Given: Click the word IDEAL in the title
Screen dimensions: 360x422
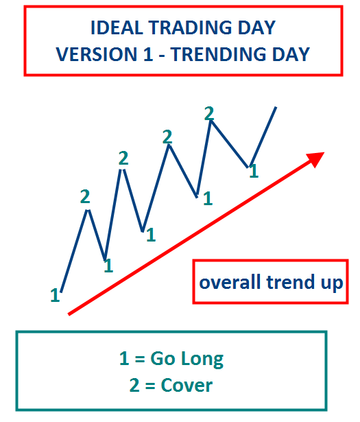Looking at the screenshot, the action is click(x=117, y=27).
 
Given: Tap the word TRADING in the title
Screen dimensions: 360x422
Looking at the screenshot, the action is click(x=191, y=27).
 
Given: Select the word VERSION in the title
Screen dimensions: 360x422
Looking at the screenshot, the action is click(x=97, y=54).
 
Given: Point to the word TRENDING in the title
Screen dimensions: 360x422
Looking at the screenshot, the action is click(x=218, y=54).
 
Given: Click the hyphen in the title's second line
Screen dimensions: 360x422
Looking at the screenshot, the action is click(x=162, y=56).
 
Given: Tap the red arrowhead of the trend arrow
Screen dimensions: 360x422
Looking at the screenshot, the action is click(x=317, y=159).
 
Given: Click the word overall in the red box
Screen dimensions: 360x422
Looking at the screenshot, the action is click(x=230, y=282).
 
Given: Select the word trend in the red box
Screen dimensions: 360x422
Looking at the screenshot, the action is click(x=290, y=282).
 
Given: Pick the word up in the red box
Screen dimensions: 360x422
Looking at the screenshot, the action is click(x=332, y=284).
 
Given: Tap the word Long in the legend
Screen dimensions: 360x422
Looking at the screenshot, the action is click(x=202, y=360).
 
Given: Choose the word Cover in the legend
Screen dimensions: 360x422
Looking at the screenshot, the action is click(x=187, y=386).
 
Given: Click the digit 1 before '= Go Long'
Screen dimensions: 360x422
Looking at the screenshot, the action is click(x=124, y=358).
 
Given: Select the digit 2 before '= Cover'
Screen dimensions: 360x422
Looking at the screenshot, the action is click(x=134, y=386).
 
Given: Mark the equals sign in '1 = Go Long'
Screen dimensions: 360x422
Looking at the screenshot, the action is click(x=140, y=359).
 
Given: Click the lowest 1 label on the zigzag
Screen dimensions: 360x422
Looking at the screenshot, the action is click(x=55, y=295).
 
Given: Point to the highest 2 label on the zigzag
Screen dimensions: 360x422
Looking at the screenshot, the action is click(x=209, y=113).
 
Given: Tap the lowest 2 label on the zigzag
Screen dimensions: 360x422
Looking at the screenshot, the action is click(x=85, y=196).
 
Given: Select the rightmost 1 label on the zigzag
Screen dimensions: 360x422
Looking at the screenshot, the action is click(x=254, y=171).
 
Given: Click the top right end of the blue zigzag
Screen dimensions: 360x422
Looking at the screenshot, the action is click(x=276, y=107).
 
